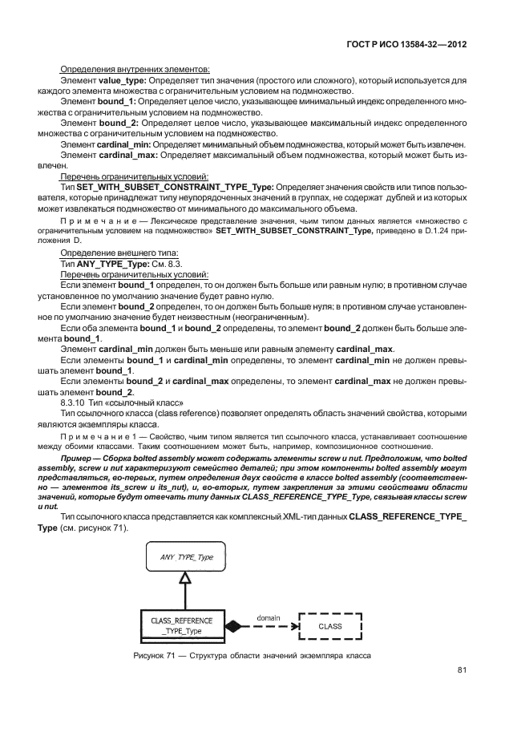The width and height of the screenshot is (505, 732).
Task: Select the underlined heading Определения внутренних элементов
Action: [135, 71]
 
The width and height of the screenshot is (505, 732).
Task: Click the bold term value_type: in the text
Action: [120, 81]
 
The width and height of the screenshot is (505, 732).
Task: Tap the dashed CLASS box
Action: [329, 625]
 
